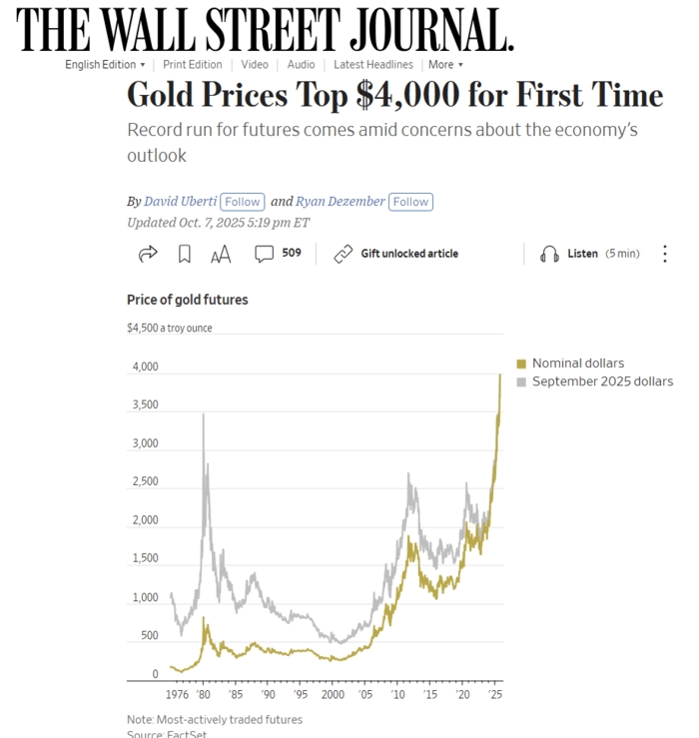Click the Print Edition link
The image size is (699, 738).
click(193, 65)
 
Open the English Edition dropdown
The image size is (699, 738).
click(105, 65)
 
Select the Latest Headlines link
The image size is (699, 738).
click(372, 65)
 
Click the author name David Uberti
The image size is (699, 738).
click(181, 201)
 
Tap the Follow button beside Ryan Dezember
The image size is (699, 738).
click(410, 201)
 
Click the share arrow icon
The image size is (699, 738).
click(148, 254)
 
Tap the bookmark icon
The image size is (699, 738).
click(185, 254)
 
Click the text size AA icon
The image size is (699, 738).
click(221, 255)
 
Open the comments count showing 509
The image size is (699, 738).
click(279, 254)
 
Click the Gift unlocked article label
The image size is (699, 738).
click(408, 254)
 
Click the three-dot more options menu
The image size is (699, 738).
click(665, 254)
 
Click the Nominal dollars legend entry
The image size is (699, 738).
click(577, 364)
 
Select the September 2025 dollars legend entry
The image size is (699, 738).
click(601, 381)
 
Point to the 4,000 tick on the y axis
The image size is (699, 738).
click(146, 367)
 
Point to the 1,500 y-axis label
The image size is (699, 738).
click(146, 558)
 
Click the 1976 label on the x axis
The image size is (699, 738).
click(176, 694)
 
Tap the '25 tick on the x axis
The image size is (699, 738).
click(494, 694)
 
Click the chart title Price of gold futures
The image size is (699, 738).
click(188, 300)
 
